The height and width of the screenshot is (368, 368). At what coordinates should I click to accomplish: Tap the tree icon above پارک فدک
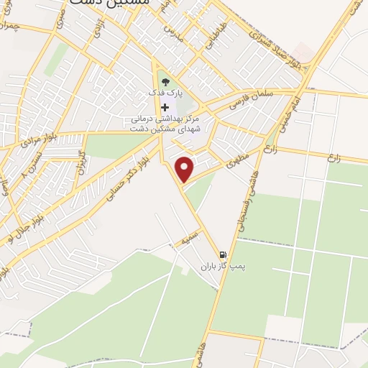coord(165,81)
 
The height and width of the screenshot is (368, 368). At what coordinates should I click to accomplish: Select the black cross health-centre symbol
coord(165,106)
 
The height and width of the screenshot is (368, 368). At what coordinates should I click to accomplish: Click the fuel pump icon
coord(223,254)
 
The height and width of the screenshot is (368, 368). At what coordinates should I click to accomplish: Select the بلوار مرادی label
coord(26,138)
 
